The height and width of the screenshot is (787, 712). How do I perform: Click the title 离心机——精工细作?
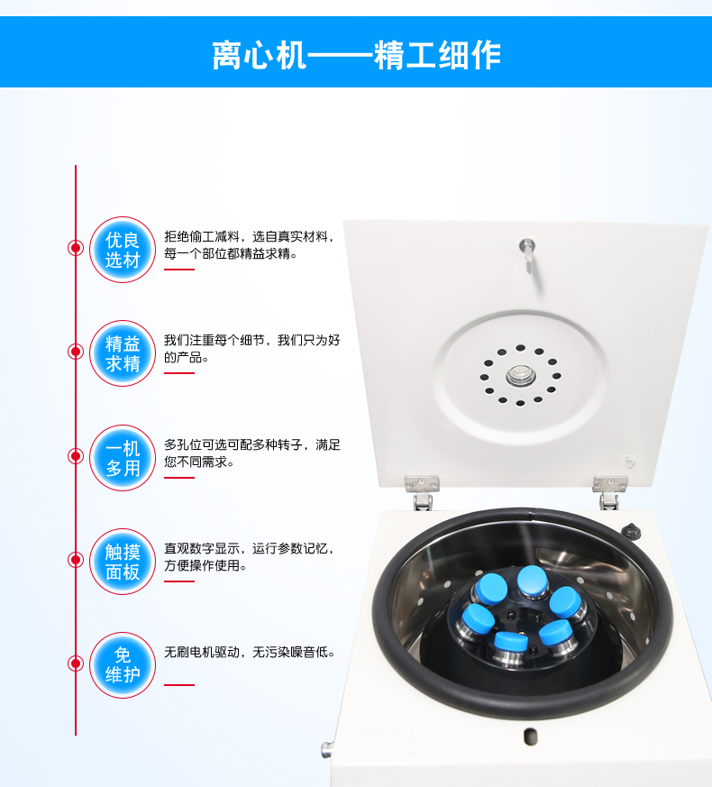(356, 55)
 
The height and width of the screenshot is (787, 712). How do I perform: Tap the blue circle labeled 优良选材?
(123, 250)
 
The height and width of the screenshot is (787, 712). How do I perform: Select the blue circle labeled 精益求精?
(123, 353)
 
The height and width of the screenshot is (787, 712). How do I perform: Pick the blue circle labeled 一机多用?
(123, 458)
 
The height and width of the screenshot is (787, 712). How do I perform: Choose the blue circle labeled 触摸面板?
(123, 562)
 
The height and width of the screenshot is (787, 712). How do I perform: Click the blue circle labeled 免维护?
(123, 665)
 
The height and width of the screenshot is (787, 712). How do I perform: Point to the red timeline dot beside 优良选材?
(76, 248)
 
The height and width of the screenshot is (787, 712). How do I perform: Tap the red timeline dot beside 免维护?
(76, 663)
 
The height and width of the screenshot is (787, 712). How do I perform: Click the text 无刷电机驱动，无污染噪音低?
(250, 652)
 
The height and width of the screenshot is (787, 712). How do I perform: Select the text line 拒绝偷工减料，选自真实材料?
(250, 236)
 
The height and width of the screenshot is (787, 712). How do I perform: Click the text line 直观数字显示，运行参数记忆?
(250, 548)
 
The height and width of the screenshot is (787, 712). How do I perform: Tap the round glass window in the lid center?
(520, 376)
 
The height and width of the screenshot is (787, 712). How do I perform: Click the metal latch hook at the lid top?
(527, 254)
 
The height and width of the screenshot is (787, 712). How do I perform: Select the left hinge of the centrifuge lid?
(422, 492)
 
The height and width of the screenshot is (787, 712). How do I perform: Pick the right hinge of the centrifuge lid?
(609, 492)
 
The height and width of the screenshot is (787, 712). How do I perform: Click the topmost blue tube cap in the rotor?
(533, 581)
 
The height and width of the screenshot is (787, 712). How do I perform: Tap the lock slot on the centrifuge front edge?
(530, 737)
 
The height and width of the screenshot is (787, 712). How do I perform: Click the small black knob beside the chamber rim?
(631, 531)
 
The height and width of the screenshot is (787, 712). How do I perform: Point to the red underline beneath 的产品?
(179, 373)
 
